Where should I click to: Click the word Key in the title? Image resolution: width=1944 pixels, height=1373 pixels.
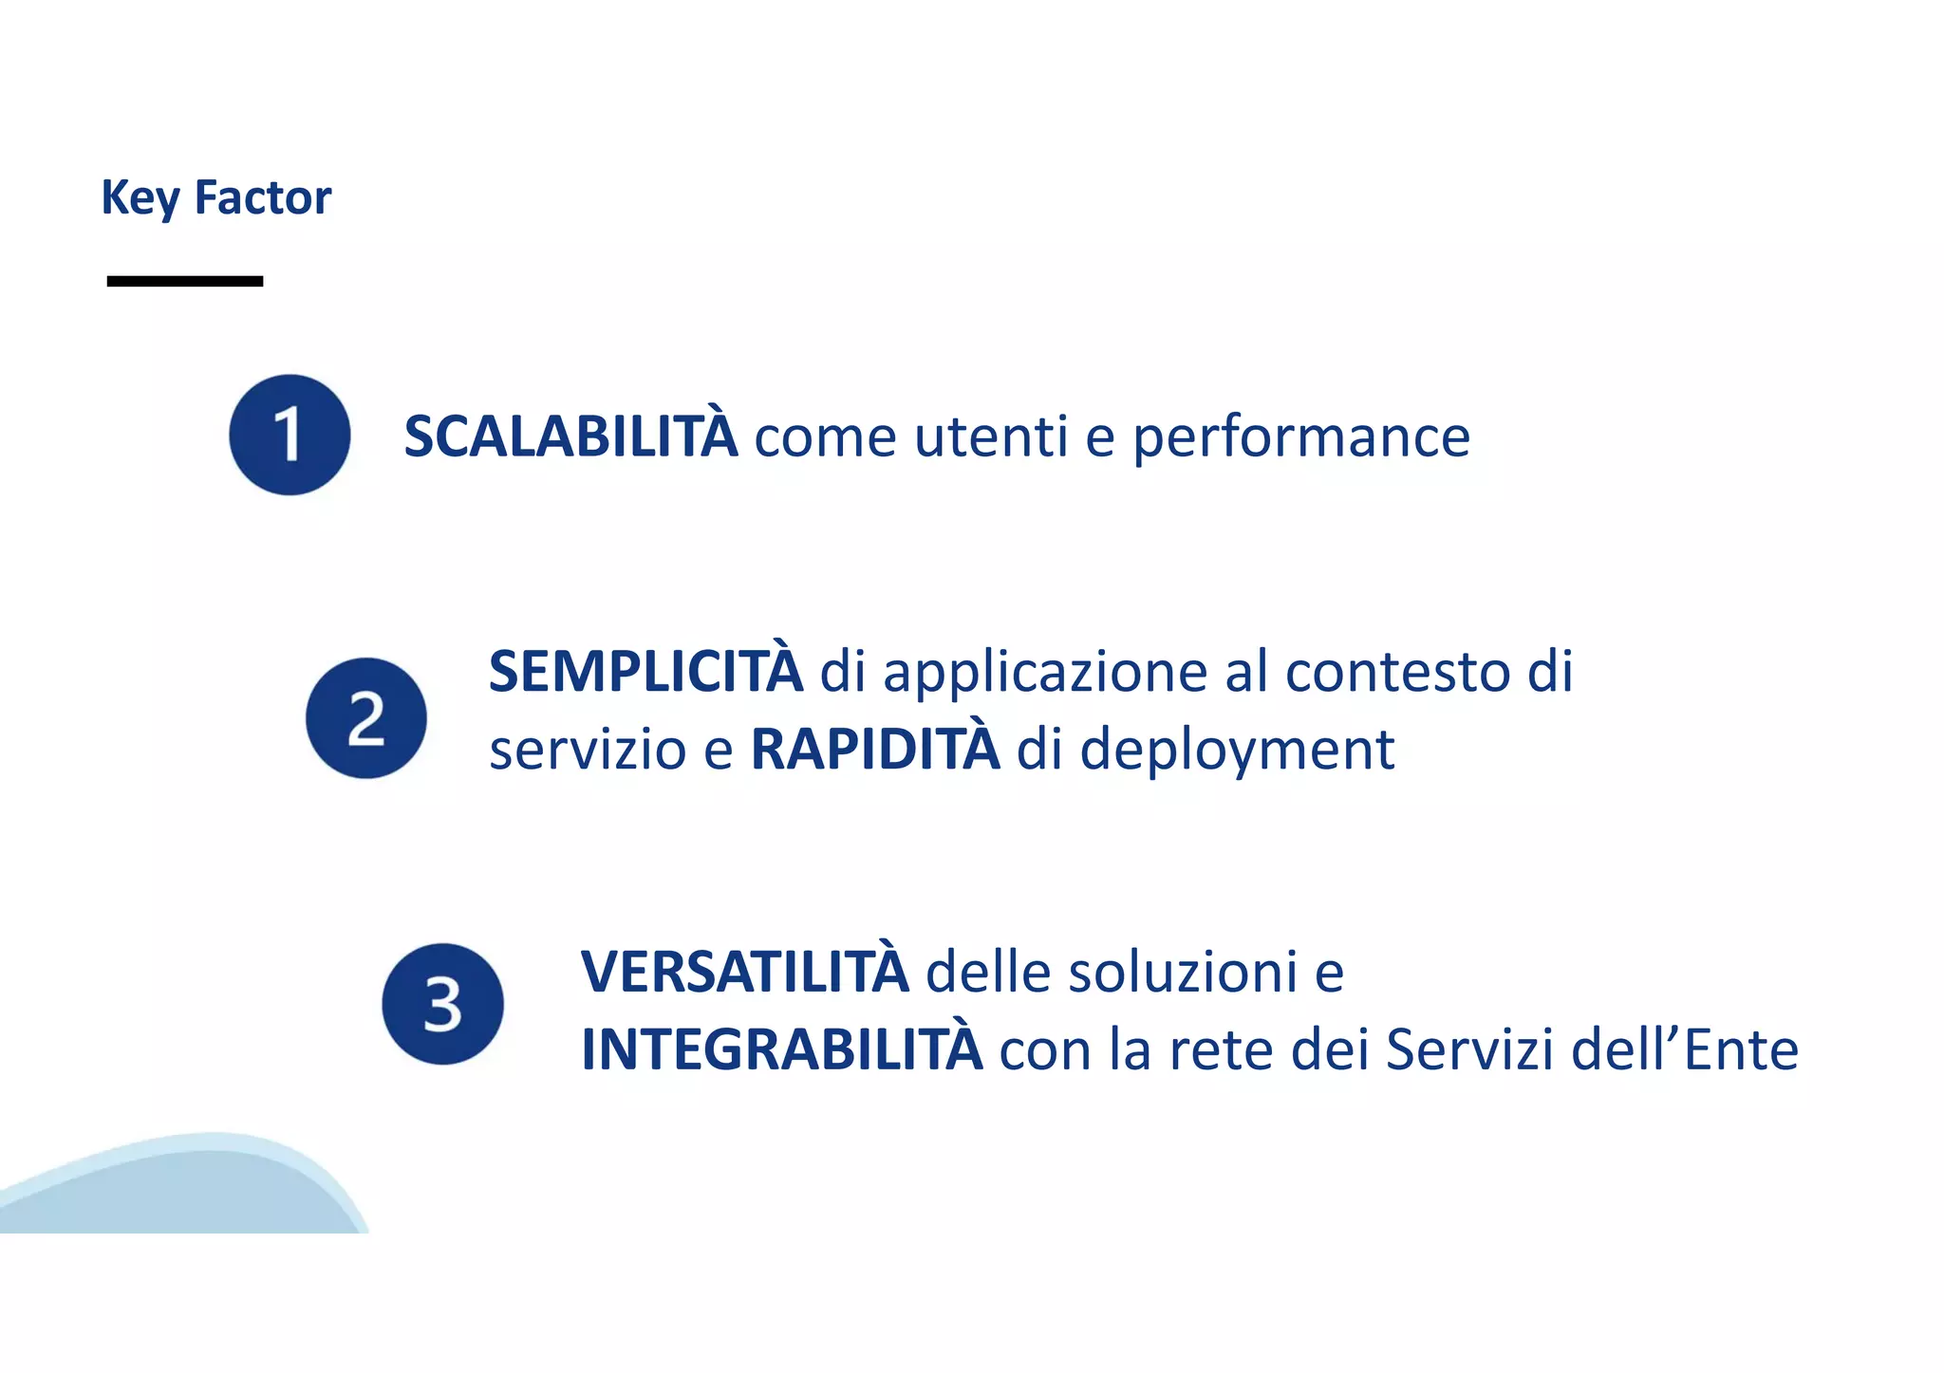tap(140, 198)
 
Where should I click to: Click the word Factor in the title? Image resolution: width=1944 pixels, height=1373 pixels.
tap(263, 197)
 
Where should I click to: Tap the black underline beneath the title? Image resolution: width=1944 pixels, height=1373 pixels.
tap(185, 281)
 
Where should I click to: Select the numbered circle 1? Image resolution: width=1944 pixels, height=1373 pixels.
tap(290, 435)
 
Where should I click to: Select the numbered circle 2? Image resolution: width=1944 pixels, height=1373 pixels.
tap(366, 718)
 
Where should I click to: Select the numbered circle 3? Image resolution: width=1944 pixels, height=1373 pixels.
tap(442, 1004)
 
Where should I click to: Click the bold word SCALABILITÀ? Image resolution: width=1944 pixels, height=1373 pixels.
tap(570, 436)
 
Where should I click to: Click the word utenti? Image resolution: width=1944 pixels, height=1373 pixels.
tap(991, 436)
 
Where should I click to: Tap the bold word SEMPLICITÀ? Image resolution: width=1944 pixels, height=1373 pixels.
tap(645, 672)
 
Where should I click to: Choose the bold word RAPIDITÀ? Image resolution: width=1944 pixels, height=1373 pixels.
tap(875, 750)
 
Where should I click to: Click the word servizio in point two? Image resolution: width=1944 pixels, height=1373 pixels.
tap(587, 750)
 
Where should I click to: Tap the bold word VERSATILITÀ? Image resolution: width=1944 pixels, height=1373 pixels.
tap(744, 973)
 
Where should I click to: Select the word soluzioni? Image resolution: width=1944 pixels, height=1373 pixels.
tap(1183, 973)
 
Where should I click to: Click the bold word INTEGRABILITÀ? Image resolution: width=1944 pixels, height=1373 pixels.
tap(781, 1050)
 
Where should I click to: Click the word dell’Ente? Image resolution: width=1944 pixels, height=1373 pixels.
tap(1685, 1050)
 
